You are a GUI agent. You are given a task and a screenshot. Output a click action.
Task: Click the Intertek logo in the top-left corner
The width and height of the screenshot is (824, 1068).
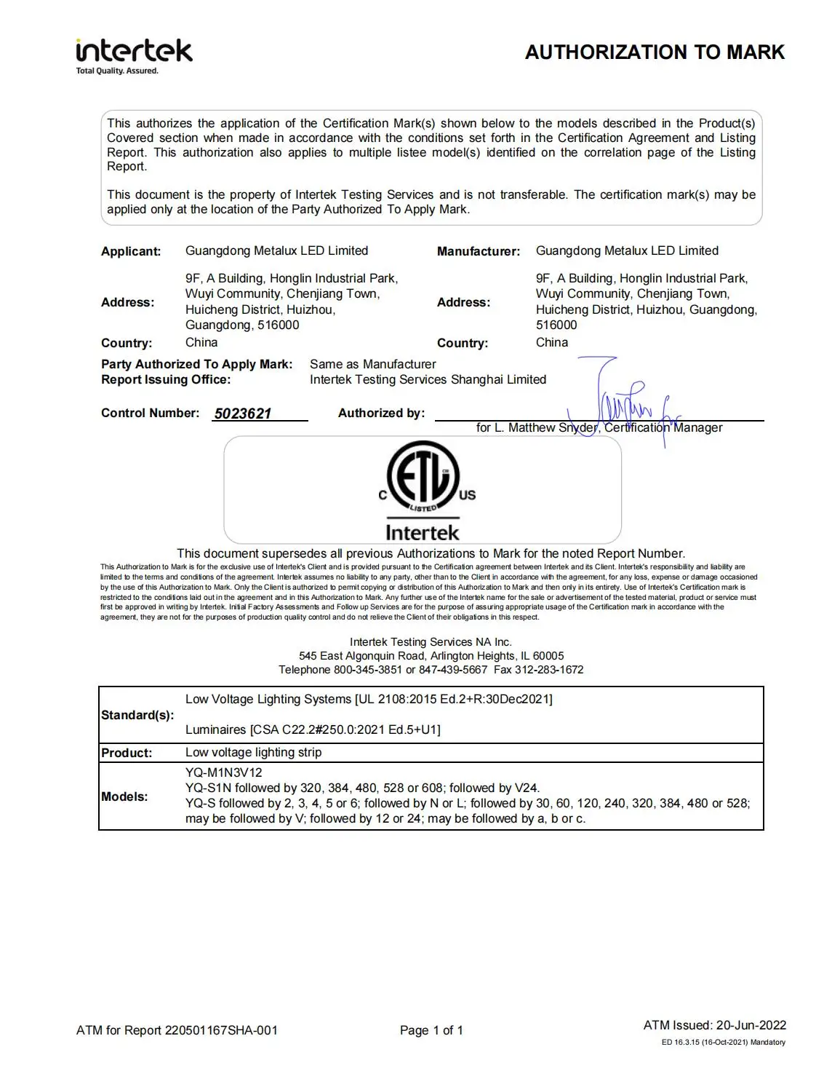tap(134, 54)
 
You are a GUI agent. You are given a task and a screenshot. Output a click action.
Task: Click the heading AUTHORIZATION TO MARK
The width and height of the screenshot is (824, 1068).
tap(655, 52)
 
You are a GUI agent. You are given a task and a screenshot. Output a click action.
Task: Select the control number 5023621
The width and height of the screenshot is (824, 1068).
tap(243, 414)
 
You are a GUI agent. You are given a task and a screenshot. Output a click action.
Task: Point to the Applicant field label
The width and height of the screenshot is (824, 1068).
tap(131, 252)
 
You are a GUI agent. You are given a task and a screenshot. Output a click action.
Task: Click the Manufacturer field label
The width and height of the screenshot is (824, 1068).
tap(479, 252)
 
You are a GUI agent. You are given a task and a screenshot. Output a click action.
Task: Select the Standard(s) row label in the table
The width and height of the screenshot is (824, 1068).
tap(137, 715)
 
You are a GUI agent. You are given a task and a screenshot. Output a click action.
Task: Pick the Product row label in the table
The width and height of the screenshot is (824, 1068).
tap(127, 753)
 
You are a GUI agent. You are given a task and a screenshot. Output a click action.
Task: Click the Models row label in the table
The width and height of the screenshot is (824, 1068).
tap(124, 796)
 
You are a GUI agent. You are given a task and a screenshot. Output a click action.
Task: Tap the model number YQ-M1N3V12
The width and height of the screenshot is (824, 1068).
tap(224, 772)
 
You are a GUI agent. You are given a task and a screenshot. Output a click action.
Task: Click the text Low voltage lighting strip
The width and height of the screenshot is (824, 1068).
tap(253, 752)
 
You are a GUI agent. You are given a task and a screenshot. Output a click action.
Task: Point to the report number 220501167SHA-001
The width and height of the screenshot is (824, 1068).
tap(221, 1030)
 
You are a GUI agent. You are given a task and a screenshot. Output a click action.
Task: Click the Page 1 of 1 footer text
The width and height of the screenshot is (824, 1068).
tap(431, 1030)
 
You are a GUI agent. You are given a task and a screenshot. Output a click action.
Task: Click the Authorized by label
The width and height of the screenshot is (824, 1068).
tap(381, 414)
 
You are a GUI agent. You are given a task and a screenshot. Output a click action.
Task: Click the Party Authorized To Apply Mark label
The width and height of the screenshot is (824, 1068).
tap(196, 364)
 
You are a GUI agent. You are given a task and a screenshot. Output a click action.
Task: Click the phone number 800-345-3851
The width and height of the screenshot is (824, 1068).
tap(368, 670)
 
